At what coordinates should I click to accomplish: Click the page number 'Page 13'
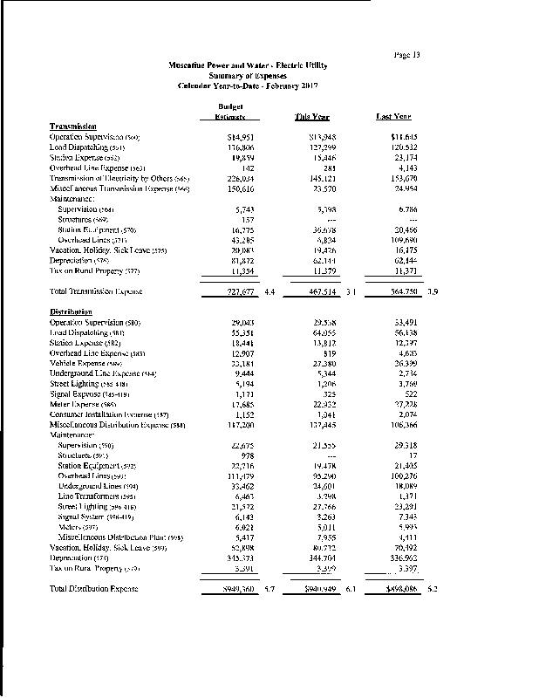tap(407, 54)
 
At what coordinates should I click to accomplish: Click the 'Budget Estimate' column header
tap(226, 111)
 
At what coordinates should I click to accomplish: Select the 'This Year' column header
tap(312, 116)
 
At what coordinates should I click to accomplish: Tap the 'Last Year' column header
tap(393, 116)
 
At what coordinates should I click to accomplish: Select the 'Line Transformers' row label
tap(98, 496)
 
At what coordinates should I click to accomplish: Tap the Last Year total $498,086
tap(399, 590)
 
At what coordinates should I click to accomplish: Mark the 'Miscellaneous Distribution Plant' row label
tap(120, 538)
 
